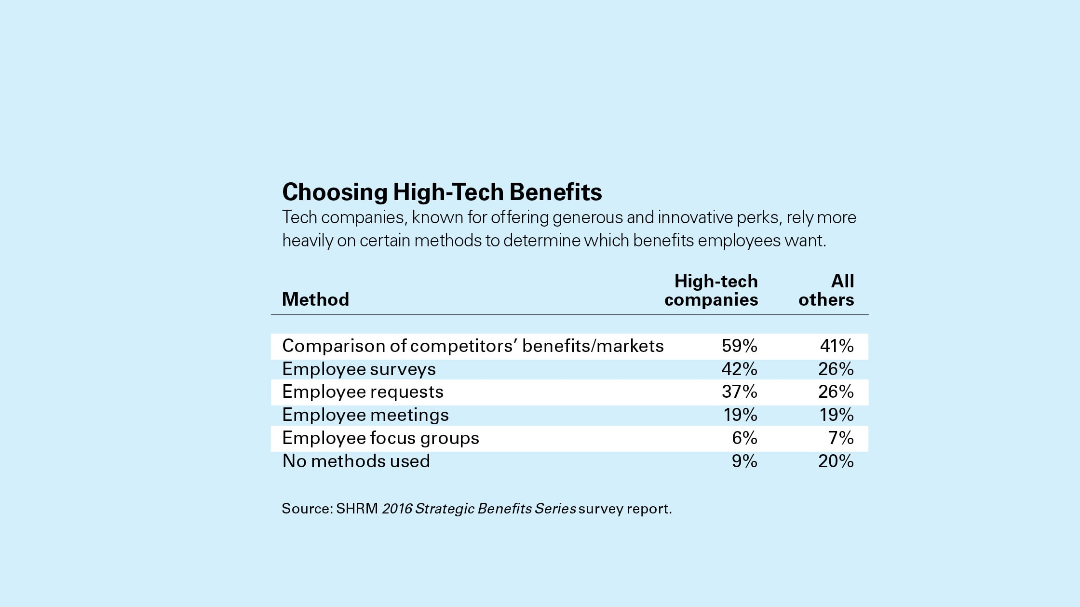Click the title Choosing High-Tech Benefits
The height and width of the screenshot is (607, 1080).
[x=442, y=192]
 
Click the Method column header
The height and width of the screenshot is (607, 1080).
[x=315, y=299]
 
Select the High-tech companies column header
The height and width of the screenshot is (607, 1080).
[x=711, y=290]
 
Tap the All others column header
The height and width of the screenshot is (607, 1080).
[x=826, y=290]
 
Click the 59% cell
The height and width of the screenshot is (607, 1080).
[x=739, y=346]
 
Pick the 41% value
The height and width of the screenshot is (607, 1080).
[x=837, y=346]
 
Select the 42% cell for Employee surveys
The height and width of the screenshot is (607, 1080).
[x=739, y=369]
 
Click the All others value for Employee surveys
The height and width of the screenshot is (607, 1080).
[x=836, y=369]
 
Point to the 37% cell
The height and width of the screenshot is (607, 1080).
[x=739, y=392]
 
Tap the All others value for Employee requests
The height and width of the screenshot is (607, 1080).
[x=836, y=392]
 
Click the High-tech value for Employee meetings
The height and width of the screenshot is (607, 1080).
[x=740, y=415]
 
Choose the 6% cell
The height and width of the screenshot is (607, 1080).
[x=744, y=438]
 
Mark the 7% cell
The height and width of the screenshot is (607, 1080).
[x=841, y=438]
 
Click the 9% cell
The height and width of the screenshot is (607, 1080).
[x=744, y=461]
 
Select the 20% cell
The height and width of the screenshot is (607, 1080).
[x=836, y=461]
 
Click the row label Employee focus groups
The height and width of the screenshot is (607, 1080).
[x=380, y=438]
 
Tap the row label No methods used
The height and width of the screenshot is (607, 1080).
[x=356, y=461]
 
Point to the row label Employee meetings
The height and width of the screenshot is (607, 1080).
[x=365, y=415]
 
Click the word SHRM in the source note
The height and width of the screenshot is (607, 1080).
[x=357, y=509]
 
